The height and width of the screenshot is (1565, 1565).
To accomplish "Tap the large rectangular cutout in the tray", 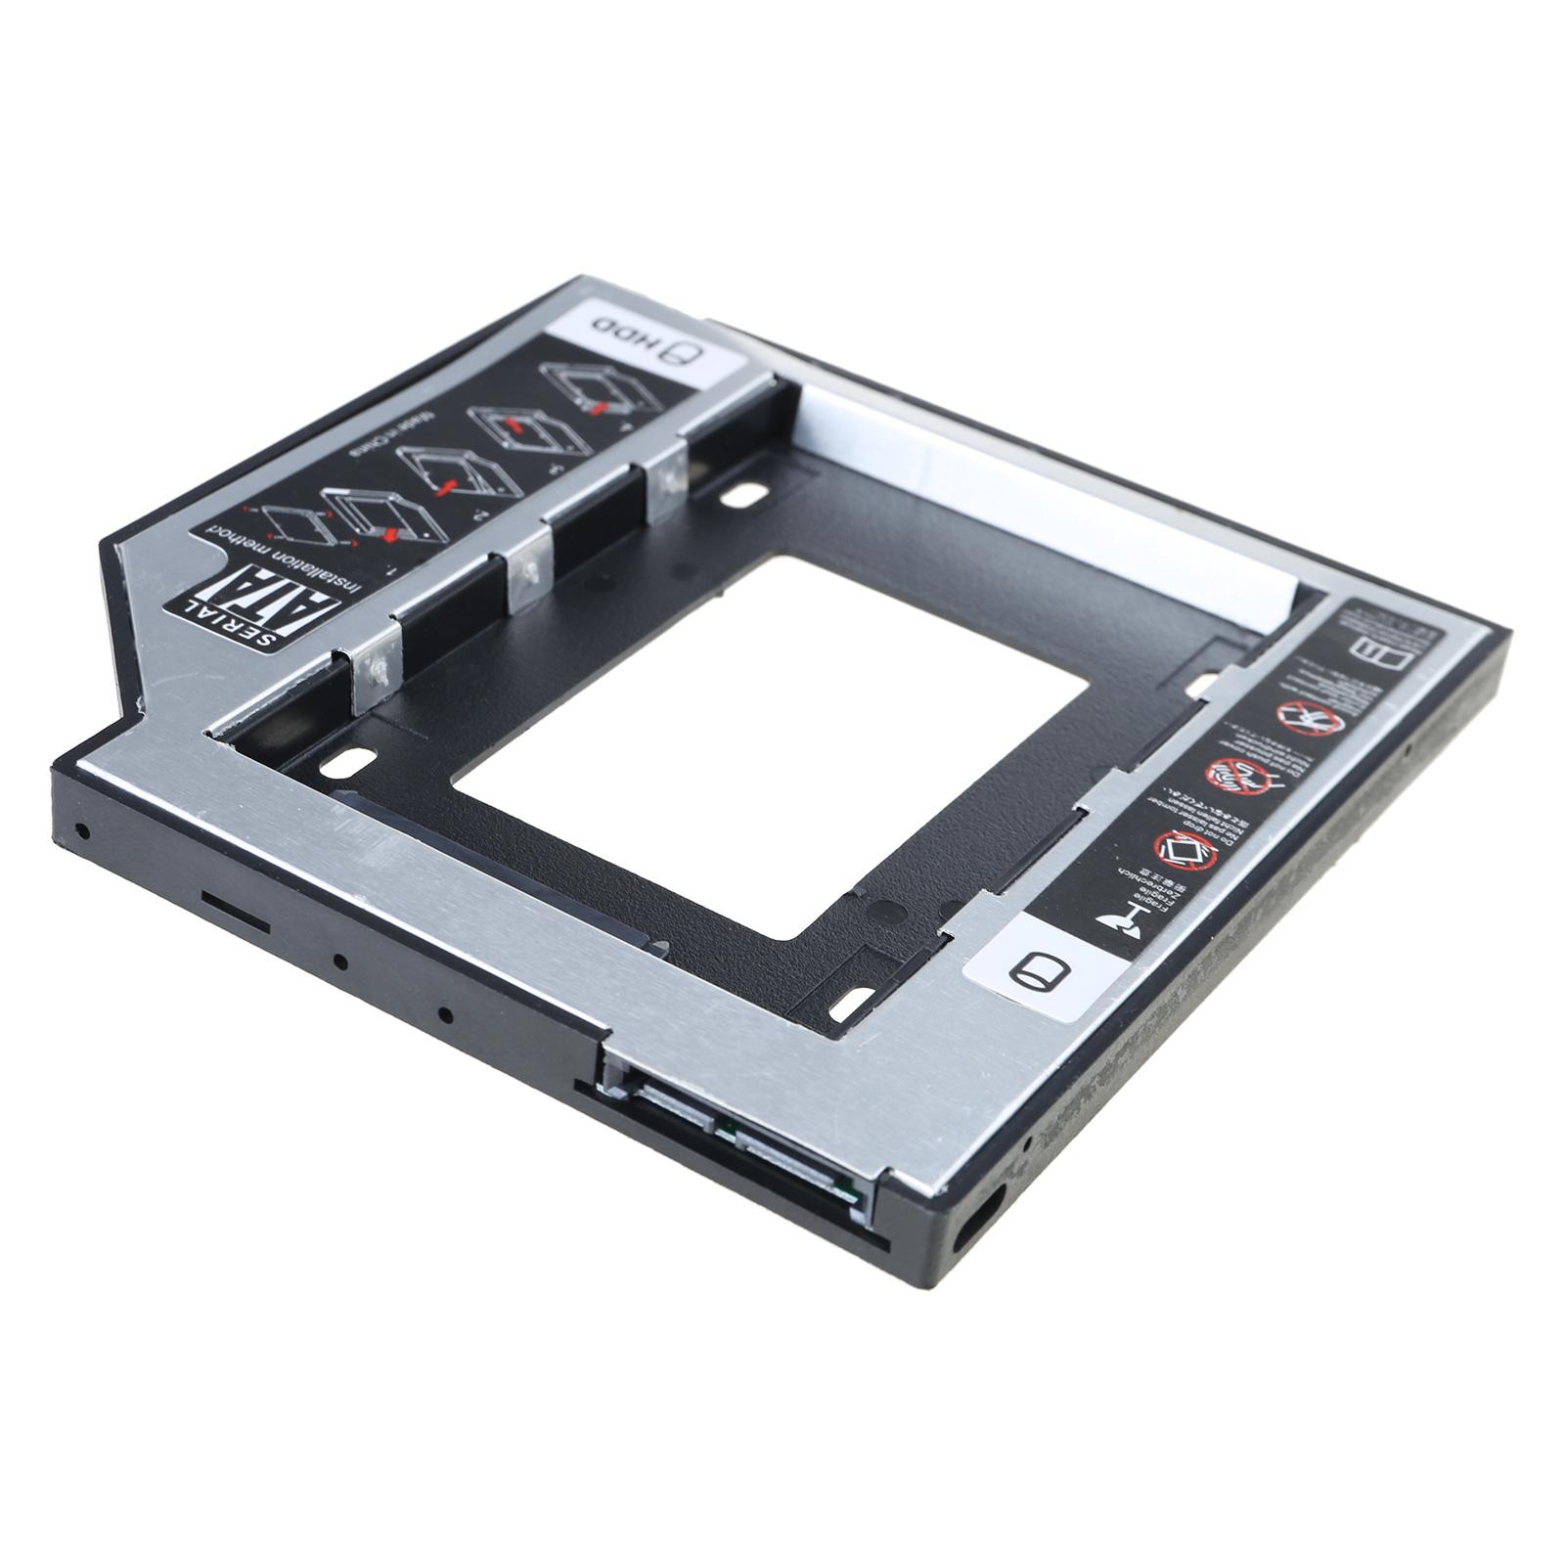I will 773,748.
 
